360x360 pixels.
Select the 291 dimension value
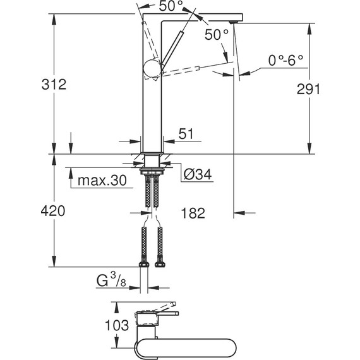pyautogui.click(x=309, y=89)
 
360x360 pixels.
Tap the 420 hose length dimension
pyautogui.click(x=54, y=211)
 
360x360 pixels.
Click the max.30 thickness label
pyautogui.click(x=101, y=181)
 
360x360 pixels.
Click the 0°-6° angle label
pyautogui.click(x=285, y=61)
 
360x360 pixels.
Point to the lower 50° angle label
pyautogui.click(x=217, y=35)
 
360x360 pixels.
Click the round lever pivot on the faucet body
pyautogui.click(x=152, y=68)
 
